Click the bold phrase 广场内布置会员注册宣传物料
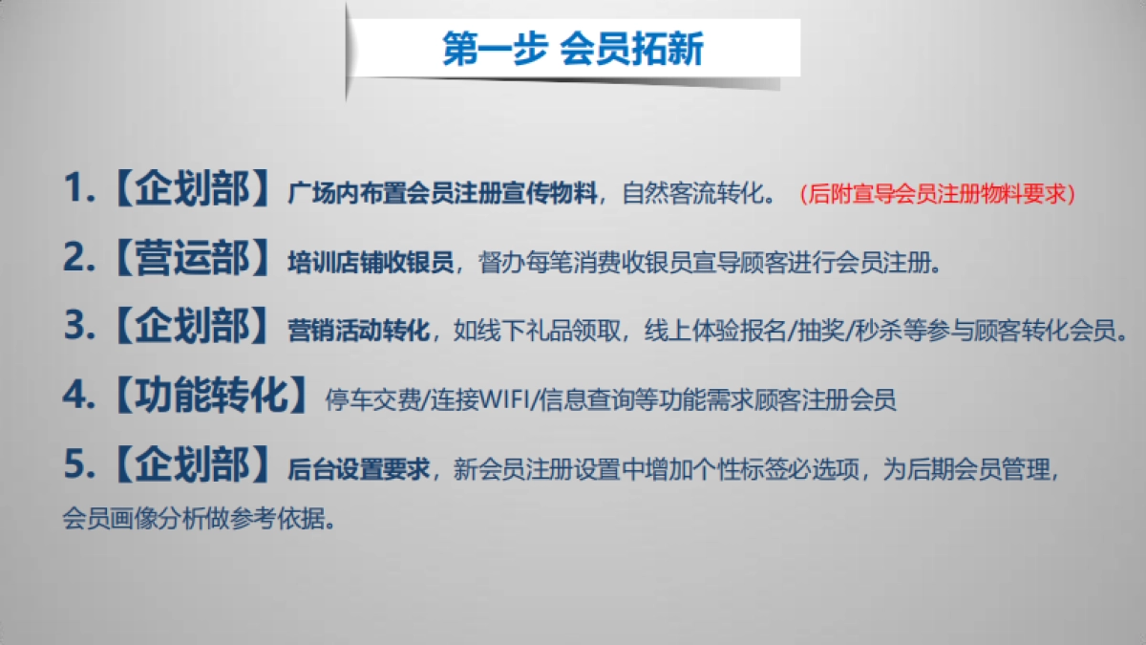(x=441, y=195)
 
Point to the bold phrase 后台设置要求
(x=358, y=470)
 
